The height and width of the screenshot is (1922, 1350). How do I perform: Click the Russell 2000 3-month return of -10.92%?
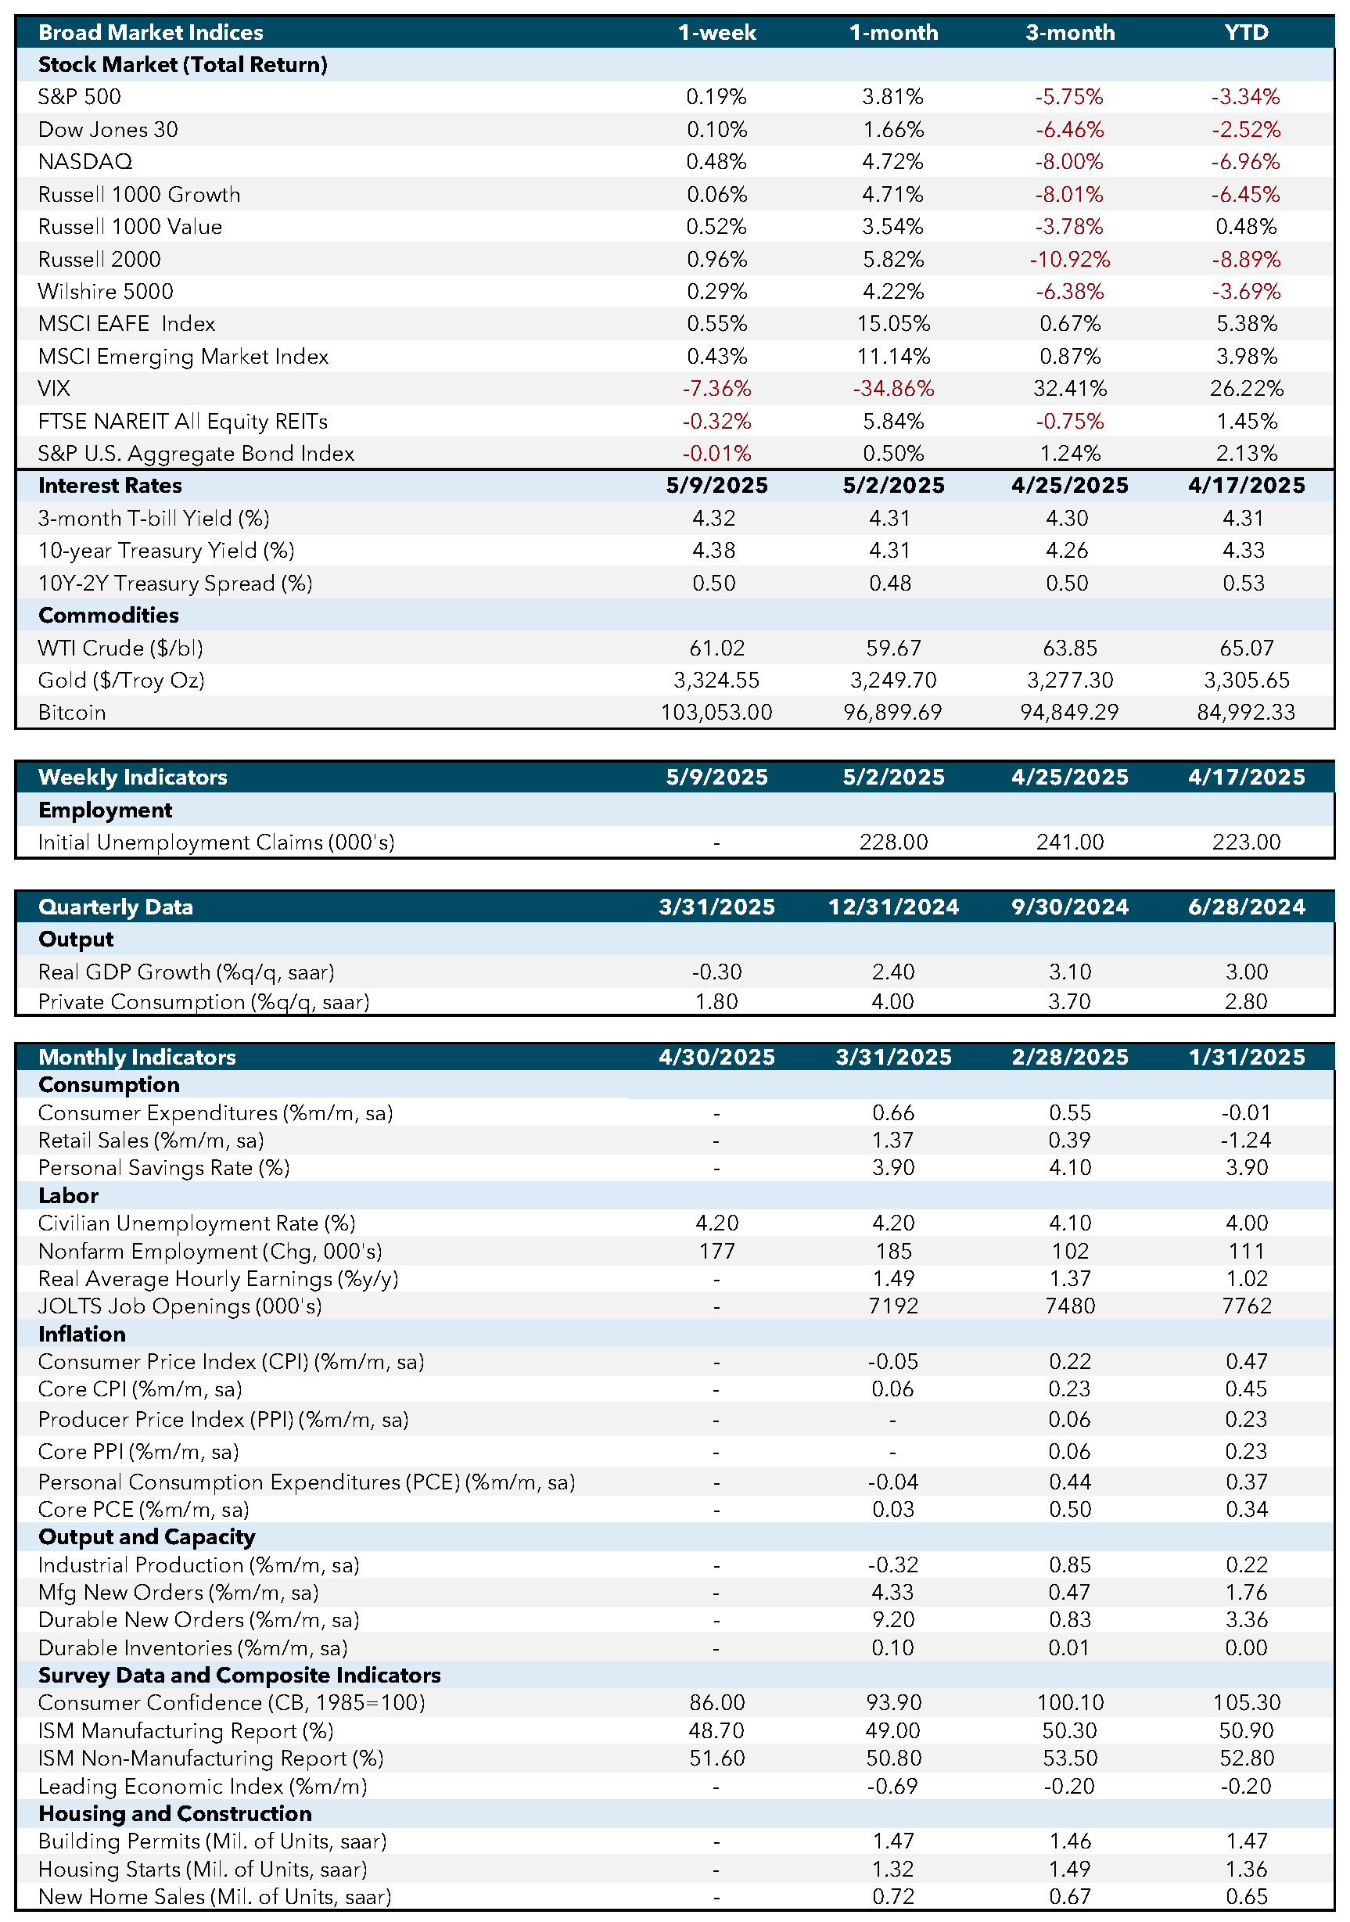[1070, 260]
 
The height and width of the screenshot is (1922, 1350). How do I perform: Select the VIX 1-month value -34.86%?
[893, 389]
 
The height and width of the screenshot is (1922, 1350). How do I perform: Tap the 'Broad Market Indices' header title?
[151, 33]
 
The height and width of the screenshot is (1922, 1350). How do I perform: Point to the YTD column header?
[1246, 33]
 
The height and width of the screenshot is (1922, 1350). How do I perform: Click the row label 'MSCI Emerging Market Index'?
[183, 357]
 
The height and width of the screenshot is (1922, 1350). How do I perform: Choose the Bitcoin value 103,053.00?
[716, 713]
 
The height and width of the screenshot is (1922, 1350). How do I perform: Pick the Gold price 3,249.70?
[893, 680]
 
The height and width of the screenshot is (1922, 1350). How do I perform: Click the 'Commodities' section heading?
[109, 616]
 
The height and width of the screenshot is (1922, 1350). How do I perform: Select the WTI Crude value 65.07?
[1246, 648]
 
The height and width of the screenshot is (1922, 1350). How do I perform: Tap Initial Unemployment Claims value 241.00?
[1070, 842]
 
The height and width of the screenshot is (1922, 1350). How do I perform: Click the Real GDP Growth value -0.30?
[716, 972]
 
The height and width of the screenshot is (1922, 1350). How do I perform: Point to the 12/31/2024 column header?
[893, 907]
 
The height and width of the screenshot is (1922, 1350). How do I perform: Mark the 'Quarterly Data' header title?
[116, 907]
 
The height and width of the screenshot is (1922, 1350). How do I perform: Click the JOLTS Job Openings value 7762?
[1246, 1306]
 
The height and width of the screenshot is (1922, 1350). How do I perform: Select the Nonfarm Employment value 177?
[716, 1252]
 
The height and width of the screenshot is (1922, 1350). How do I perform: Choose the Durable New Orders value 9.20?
[893, 1620]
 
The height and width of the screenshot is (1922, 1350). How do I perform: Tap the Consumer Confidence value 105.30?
[1246, 1703]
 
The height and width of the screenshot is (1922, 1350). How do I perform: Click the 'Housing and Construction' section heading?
[175, 1813]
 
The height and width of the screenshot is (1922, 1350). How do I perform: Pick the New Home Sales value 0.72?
[893, 1897]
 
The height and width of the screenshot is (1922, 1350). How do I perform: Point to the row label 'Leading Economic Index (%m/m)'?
[203, 1787]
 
